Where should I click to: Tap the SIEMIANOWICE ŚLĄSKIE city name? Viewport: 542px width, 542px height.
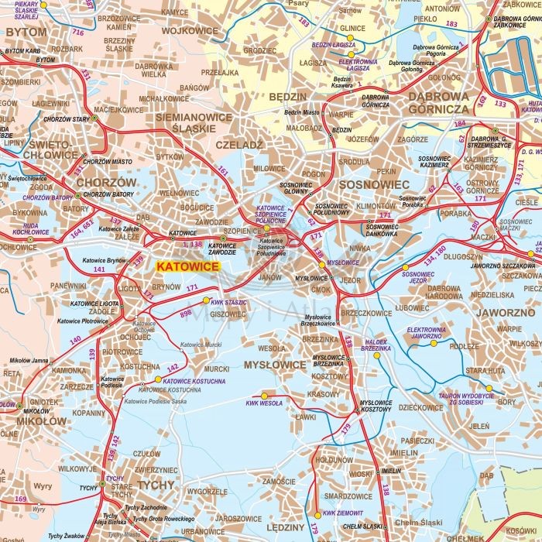tap(194, 122)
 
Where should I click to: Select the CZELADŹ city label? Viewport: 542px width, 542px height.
tap(241, 145)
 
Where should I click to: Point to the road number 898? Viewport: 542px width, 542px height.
tap(185, 313)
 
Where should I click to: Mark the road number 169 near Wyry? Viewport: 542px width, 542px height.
tap(21, 499)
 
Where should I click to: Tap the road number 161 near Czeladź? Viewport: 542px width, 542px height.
tap(224, 170)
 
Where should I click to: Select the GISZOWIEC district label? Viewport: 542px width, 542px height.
tap(227, 314)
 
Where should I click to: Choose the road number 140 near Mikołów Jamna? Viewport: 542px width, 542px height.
tap(75, 340)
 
